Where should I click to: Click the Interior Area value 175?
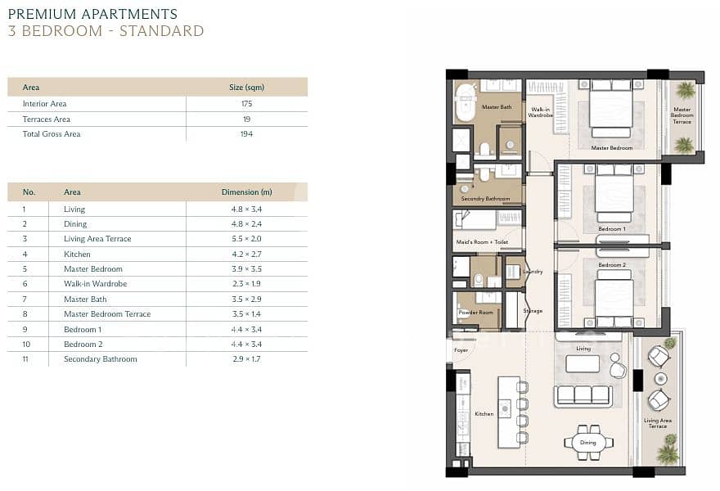tap(246, 104)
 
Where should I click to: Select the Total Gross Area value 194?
tap(246, 134)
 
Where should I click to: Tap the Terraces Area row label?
tap(47, 119)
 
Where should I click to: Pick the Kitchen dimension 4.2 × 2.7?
tap(246, 254)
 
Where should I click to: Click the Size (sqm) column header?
tap(246, 88)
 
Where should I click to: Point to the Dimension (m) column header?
tap(246, 192)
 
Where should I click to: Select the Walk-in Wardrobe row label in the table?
tap(95, 284)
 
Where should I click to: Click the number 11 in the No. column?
tap(25, 359)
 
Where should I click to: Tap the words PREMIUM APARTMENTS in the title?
tap(92, 14)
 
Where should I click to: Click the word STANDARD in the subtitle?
tap(162, 31)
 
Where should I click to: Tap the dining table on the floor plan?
tap(587, 443)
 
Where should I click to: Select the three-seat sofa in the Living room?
tap(583, 396)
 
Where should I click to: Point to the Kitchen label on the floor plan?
tap(484, 414)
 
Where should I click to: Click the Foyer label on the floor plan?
tap(461, 350)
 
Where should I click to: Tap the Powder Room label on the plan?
tap(475, 313)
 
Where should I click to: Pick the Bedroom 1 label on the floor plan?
tap(612, 229)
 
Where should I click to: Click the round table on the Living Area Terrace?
tap(660, 378)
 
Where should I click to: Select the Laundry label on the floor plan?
tap(533, 272)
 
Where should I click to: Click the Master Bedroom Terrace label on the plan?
tap(682, 115)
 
